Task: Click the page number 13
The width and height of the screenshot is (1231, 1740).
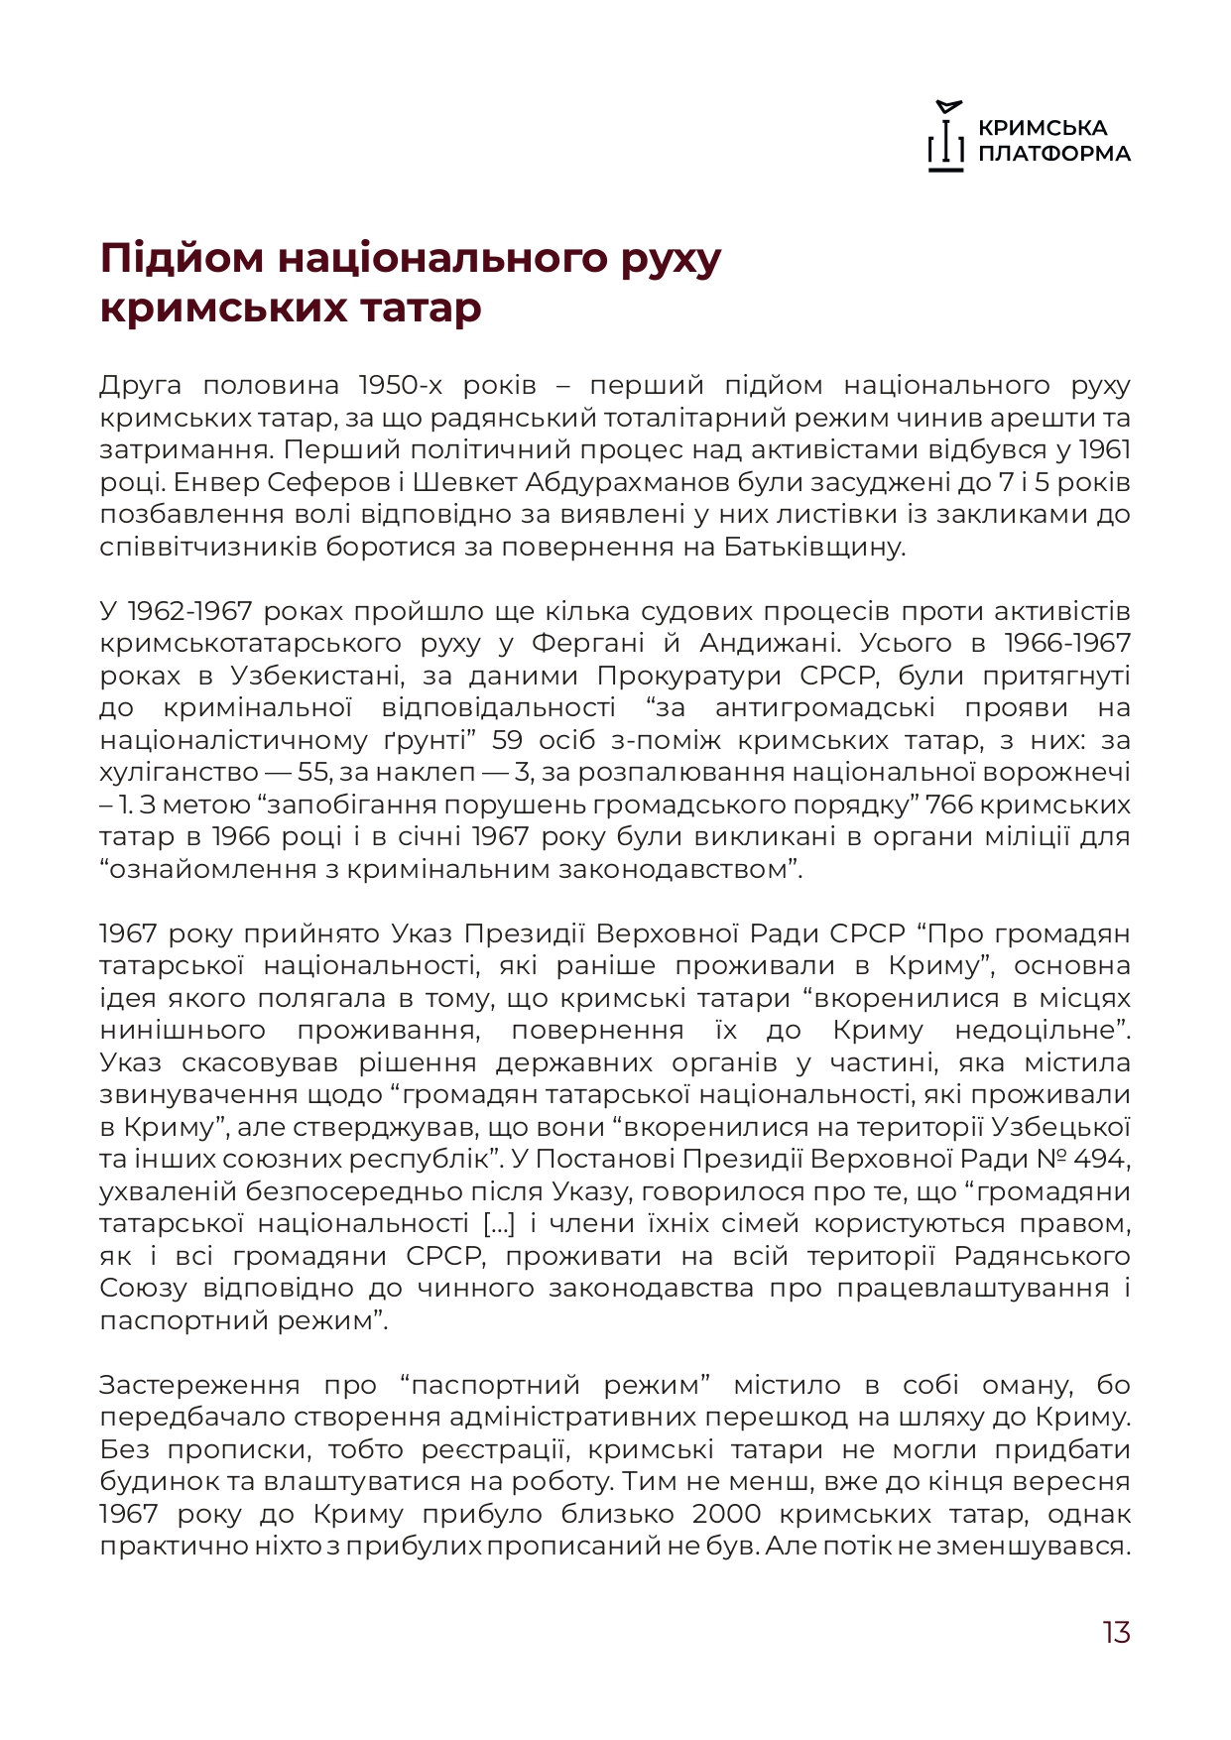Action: [x=1116, y=1632]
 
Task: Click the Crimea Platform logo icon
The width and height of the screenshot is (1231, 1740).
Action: [x=946, y=137]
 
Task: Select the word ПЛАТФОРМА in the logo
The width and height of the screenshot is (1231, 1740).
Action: [x=1054, y=154]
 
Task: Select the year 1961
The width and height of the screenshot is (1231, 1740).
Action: [x=1104, y=449]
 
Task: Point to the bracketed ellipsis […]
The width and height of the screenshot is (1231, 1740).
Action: [x=499, y=1223]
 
